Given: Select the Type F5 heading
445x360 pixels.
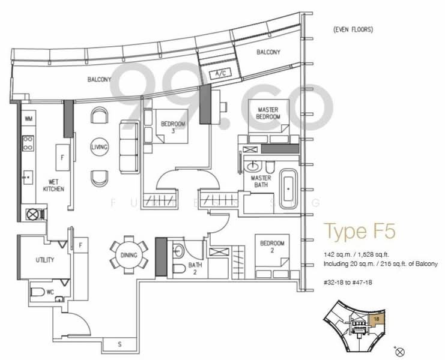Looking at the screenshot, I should [x=359, y=231].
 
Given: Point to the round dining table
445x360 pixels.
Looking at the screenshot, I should [x=128, y=255].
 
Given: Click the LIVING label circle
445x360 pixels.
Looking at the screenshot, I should [x=99, y=147].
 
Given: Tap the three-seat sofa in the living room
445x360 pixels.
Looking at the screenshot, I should [x=129, y=146].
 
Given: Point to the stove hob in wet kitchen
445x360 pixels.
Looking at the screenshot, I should [x=28, y=143].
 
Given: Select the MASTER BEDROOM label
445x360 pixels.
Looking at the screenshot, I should [x=268, y=113].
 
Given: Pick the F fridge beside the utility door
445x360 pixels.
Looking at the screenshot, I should [x=81, y=245].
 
